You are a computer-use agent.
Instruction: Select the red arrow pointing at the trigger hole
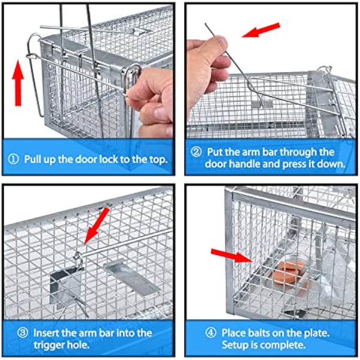98,225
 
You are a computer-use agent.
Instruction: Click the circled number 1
14,160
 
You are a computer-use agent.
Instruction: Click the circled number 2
195,152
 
